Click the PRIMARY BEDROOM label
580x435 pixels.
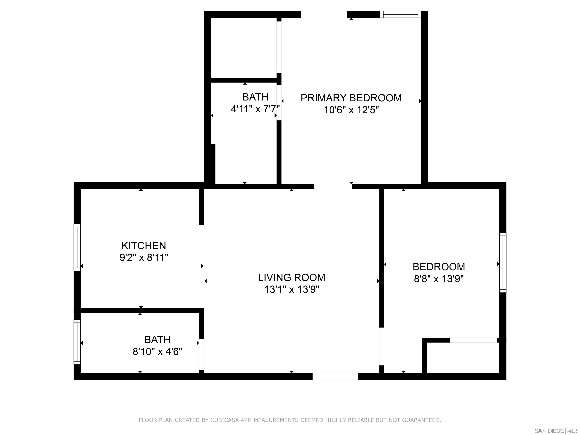[351, 98]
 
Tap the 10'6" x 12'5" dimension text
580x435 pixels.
[351, 110]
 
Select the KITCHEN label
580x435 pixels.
[144, 246]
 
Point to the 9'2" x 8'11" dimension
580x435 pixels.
[144, 258]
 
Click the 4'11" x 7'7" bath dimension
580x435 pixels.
[255, 109]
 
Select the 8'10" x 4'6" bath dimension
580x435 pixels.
[157, 352]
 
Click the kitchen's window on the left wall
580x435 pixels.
[77, 247]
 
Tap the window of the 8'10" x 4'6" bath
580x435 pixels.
[77, 342]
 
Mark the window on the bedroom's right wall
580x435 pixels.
[503, 262]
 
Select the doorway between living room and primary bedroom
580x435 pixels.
[333, 186]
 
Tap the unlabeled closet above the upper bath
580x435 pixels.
[244, 48]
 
